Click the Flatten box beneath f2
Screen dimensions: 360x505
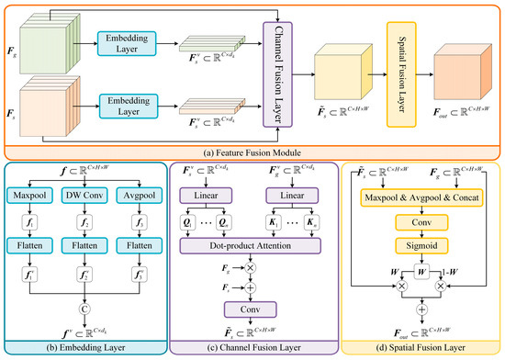(87, 246)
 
